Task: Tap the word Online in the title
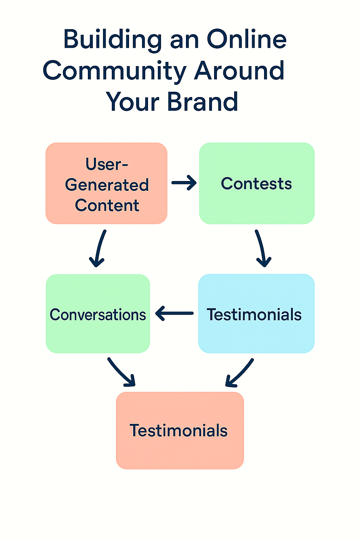click(247, 39)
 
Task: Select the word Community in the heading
click(115, 71)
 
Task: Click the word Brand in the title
click(202, 102)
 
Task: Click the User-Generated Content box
click(106, 183)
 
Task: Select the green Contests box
click(257, 183)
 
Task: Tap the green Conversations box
click(98, 313)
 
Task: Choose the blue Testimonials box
click(256, 313)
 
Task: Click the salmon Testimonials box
click(180, 430)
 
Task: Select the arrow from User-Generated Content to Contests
click(184, 183)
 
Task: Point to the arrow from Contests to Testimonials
click(262, 248)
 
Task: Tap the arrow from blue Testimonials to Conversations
click(174, 313)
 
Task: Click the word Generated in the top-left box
click(107, 185)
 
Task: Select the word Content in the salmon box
click(107, 205)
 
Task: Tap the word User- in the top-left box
click(107, 164)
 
